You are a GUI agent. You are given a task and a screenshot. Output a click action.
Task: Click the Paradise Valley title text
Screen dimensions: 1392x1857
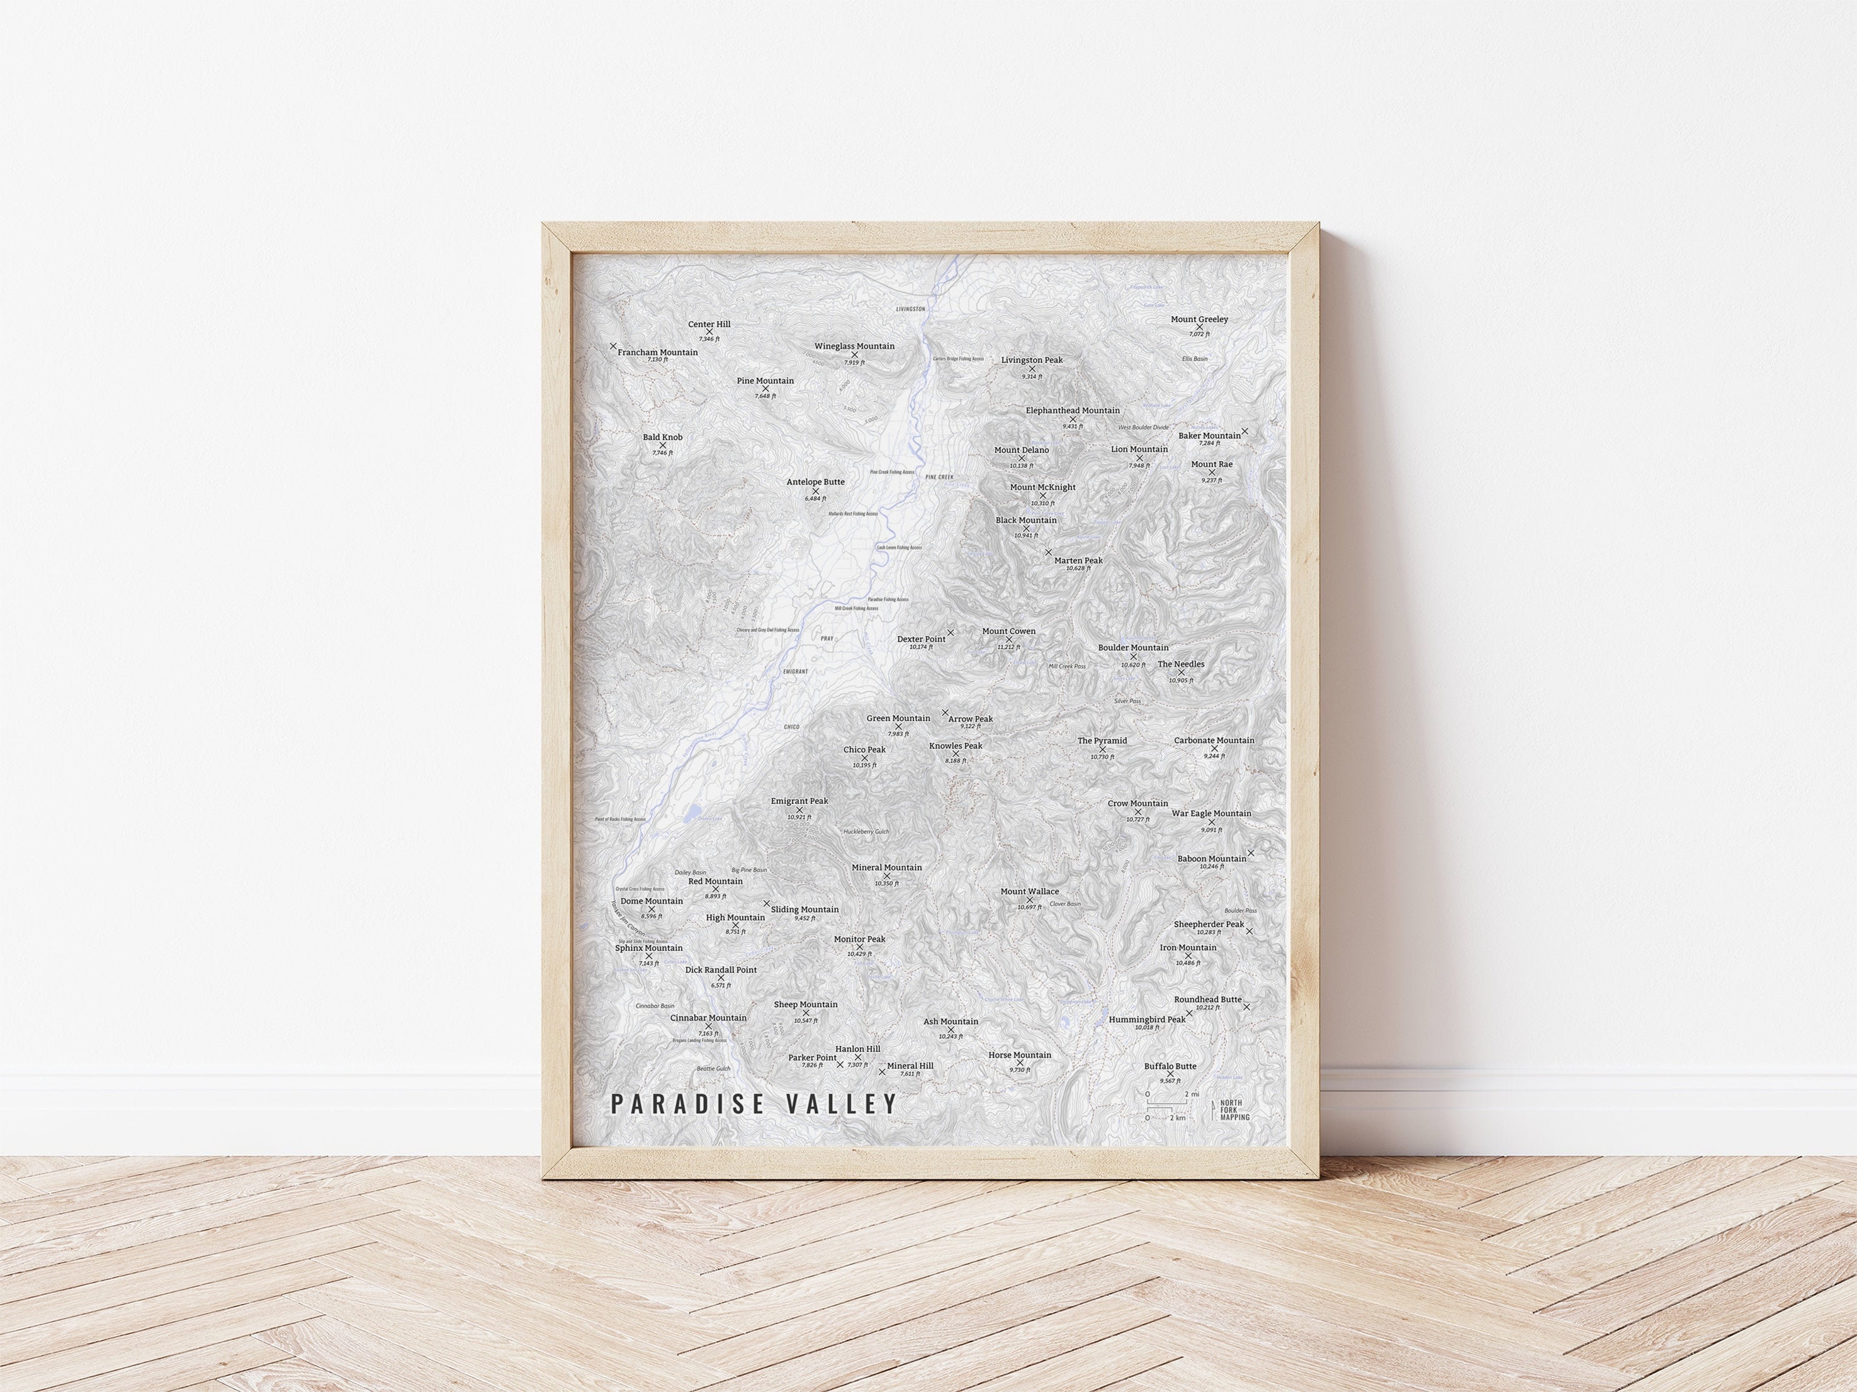[753, 1103]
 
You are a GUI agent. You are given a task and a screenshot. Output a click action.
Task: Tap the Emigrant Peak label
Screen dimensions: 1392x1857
[799, 801]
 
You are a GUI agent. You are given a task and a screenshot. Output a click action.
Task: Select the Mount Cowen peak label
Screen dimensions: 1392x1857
[1008, 631]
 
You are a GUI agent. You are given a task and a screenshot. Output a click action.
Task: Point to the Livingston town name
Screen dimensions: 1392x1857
[910, 309]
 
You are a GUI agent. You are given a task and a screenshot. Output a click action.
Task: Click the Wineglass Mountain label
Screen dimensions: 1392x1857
[854, 346]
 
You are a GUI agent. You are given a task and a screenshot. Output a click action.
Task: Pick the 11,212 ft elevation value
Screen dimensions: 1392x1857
[1008, 647]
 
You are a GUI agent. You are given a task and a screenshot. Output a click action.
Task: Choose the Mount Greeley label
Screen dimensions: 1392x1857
[1199, 320]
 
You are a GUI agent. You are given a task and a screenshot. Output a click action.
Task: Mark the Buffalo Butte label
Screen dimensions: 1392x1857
[1170, 1066]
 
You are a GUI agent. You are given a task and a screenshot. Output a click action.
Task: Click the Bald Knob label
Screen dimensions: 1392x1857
[662, 437]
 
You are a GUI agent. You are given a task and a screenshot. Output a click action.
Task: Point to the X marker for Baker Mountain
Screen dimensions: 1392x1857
[1244, 432]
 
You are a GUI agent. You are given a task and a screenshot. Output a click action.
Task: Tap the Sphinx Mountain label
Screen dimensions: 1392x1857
[648, 948]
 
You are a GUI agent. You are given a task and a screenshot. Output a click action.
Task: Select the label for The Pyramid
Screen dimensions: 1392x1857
[1102, 741]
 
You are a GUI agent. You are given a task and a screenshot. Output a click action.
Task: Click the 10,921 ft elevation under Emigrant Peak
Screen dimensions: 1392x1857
[799, 817]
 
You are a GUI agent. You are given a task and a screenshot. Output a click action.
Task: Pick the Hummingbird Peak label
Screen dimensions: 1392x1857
[1147, 1020]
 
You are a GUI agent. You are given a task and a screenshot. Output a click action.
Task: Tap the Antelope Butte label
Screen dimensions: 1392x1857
[815, 482]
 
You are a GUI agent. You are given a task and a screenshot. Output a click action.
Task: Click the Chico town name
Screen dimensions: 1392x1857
[791, 727]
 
